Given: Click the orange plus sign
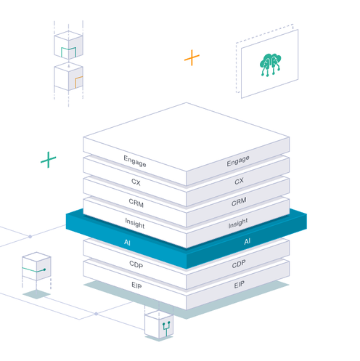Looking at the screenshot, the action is point(192,57).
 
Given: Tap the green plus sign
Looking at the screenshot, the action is point(49,160).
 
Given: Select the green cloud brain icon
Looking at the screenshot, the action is point(270,65).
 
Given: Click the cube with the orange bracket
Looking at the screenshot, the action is point(68,76).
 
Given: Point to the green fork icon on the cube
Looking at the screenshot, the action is point(166,328).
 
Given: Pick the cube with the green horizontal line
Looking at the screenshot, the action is point(36,267).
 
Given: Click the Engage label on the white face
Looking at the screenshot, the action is point(135,161).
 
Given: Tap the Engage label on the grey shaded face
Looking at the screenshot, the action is point(238,161).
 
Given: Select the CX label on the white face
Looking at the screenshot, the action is point(136,182).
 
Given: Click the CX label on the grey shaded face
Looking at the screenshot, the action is point(239,181).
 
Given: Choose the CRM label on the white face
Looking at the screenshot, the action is point(136,203).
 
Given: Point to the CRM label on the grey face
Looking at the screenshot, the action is point(239,202).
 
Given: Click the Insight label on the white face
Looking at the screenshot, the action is point(135,223).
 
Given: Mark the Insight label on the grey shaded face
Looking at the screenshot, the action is point(238,223).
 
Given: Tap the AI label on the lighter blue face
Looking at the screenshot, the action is point(127,243).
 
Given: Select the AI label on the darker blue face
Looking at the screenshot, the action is point(247,241).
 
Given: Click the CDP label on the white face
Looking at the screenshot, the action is point(136,264).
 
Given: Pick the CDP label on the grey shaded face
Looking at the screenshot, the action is point(239,264).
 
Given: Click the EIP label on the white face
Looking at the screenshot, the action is point(136,285).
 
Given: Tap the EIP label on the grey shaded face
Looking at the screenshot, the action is point(239,285).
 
